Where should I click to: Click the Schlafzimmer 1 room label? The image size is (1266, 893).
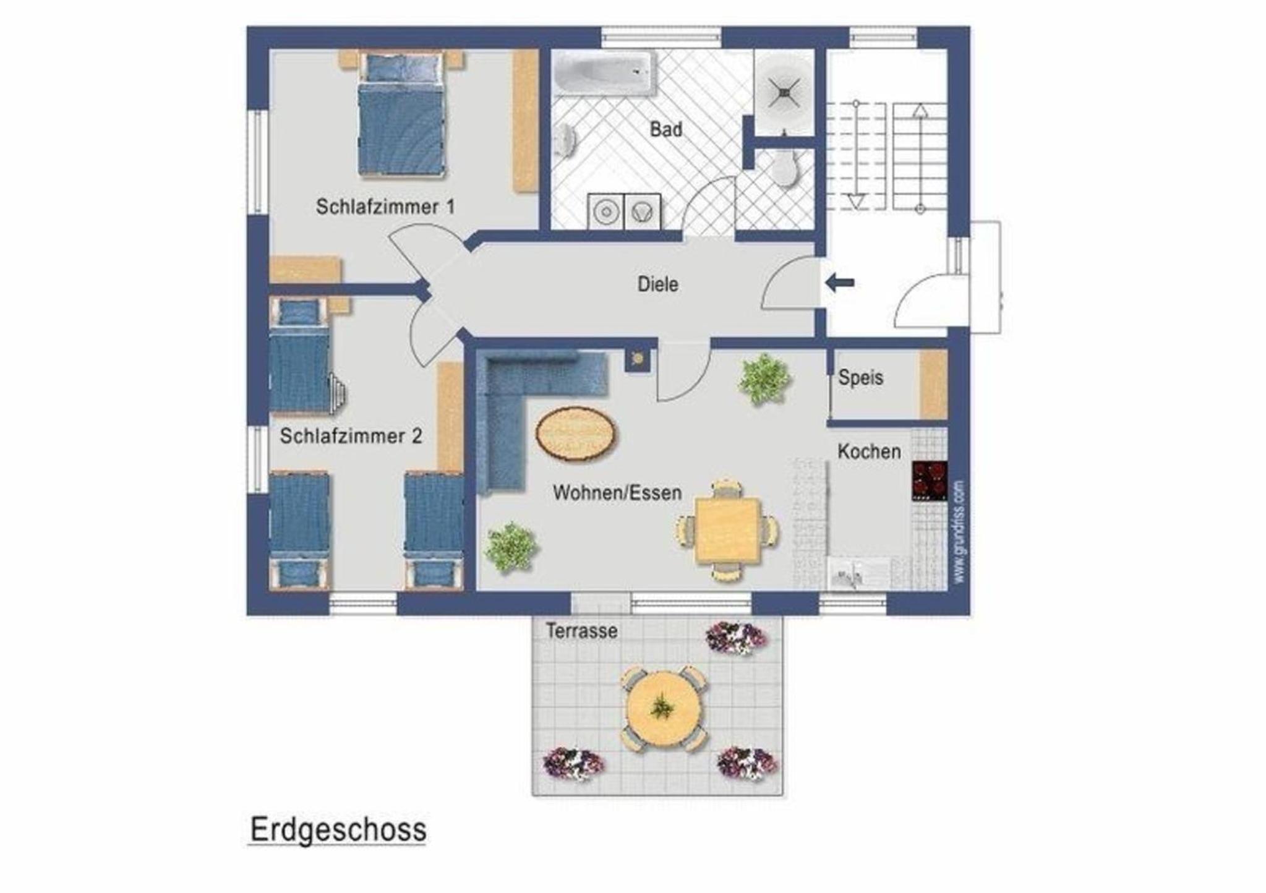pos(385,207)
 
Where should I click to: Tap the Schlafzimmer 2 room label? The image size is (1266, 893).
pos(351,436)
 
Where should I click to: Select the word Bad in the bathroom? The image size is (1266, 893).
pos(666,129)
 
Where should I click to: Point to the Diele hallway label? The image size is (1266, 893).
pos(658,284)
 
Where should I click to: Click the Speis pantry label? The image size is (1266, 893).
pos(860,378)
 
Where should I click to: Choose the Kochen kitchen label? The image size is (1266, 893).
pos(869,451)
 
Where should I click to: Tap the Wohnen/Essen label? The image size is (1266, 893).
pos(617,493)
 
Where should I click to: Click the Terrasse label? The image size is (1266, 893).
pos(581,631)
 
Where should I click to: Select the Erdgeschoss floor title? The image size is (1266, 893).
pos(338,829)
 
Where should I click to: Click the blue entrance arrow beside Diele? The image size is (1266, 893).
pos(840,283)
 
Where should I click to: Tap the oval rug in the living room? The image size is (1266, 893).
pos(576,434)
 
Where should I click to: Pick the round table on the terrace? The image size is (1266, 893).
pos(663,707)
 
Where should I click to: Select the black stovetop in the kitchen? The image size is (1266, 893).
pos(929,481)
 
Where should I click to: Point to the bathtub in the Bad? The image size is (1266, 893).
pos(604,74)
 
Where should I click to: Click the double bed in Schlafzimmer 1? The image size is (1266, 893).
pos(402,115)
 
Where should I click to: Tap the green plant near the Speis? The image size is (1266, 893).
pos(764,378)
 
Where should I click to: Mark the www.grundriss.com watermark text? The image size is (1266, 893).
pos(959,532)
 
